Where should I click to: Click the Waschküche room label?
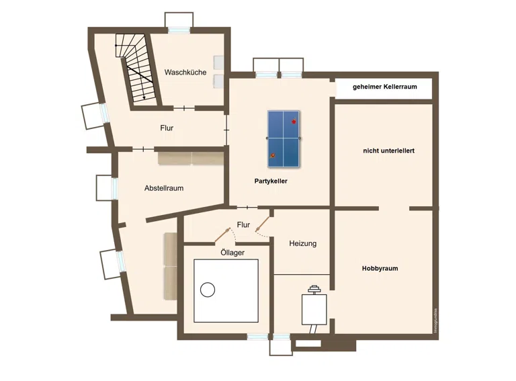point(185,72)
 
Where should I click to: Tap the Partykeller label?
point(271,181)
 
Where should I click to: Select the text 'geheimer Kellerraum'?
point(385,87)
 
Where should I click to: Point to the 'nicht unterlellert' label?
point(388,151)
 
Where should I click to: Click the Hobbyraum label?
point(380,268)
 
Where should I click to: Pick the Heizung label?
point(303,243)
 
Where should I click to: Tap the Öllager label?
point(232,253)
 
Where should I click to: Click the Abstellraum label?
point(164,188)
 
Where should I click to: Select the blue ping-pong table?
point(284,138)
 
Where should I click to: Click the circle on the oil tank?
point(208,290)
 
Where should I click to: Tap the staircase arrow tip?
point(144,99)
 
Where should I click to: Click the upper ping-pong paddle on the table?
point(294,121)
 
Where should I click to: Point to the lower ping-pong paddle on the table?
point(272,156)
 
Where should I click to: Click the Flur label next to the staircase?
point(167,128)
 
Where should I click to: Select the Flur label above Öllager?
point(243,224)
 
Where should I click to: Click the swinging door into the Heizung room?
point(263,224)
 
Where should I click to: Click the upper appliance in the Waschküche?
point(218,62)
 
